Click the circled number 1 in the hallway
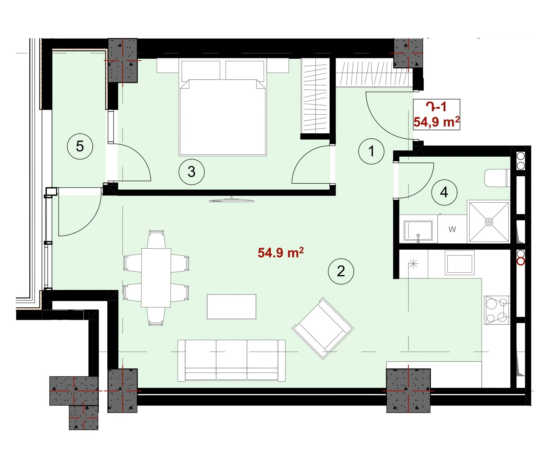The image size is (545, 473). pyautogui.click(x=371, y=151)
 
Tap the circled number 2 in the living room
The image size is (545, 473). pyautogui.click(x=341, y=271)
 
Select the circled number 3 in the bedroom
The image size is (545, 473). pyautogui.click(x=191, y=172)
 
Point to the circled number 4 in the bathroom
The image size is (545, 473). pyautogui.click(x=444, y=192)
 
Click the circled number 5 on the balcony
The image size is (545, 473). pyautogui.click(x=80, y=146)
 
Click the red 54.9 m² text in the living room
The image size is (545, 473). pyautogui.click(x=281, y=252)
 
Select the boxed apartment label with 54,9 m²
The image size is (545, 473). pyautogui.click(x=436, y=115)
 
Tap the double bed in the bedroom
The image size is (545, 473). pyautogui.click(x=222, y=107)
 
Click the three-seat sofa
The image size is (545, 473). pyautogui.click(x=231, y=360)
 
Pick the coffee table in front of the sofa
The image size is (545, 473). pyautogui.click(x=231, y=307)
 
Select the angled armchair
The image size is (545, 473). pyautogui.click(x=323, y=328)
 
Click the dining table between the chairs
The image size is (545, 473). pyautogui.click(x=156, y=278)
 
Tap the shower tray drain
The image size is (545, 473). pyautogui.click(x=489, y=222)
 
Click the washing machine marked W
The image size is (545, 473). pyautogui.click(x=452, y=229)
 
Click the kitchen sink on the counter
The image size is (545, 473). pyautogui.click(x=460, y=263)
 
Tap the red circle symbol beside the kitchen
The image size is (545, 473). pyautogui.click(x=521, y=262)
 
